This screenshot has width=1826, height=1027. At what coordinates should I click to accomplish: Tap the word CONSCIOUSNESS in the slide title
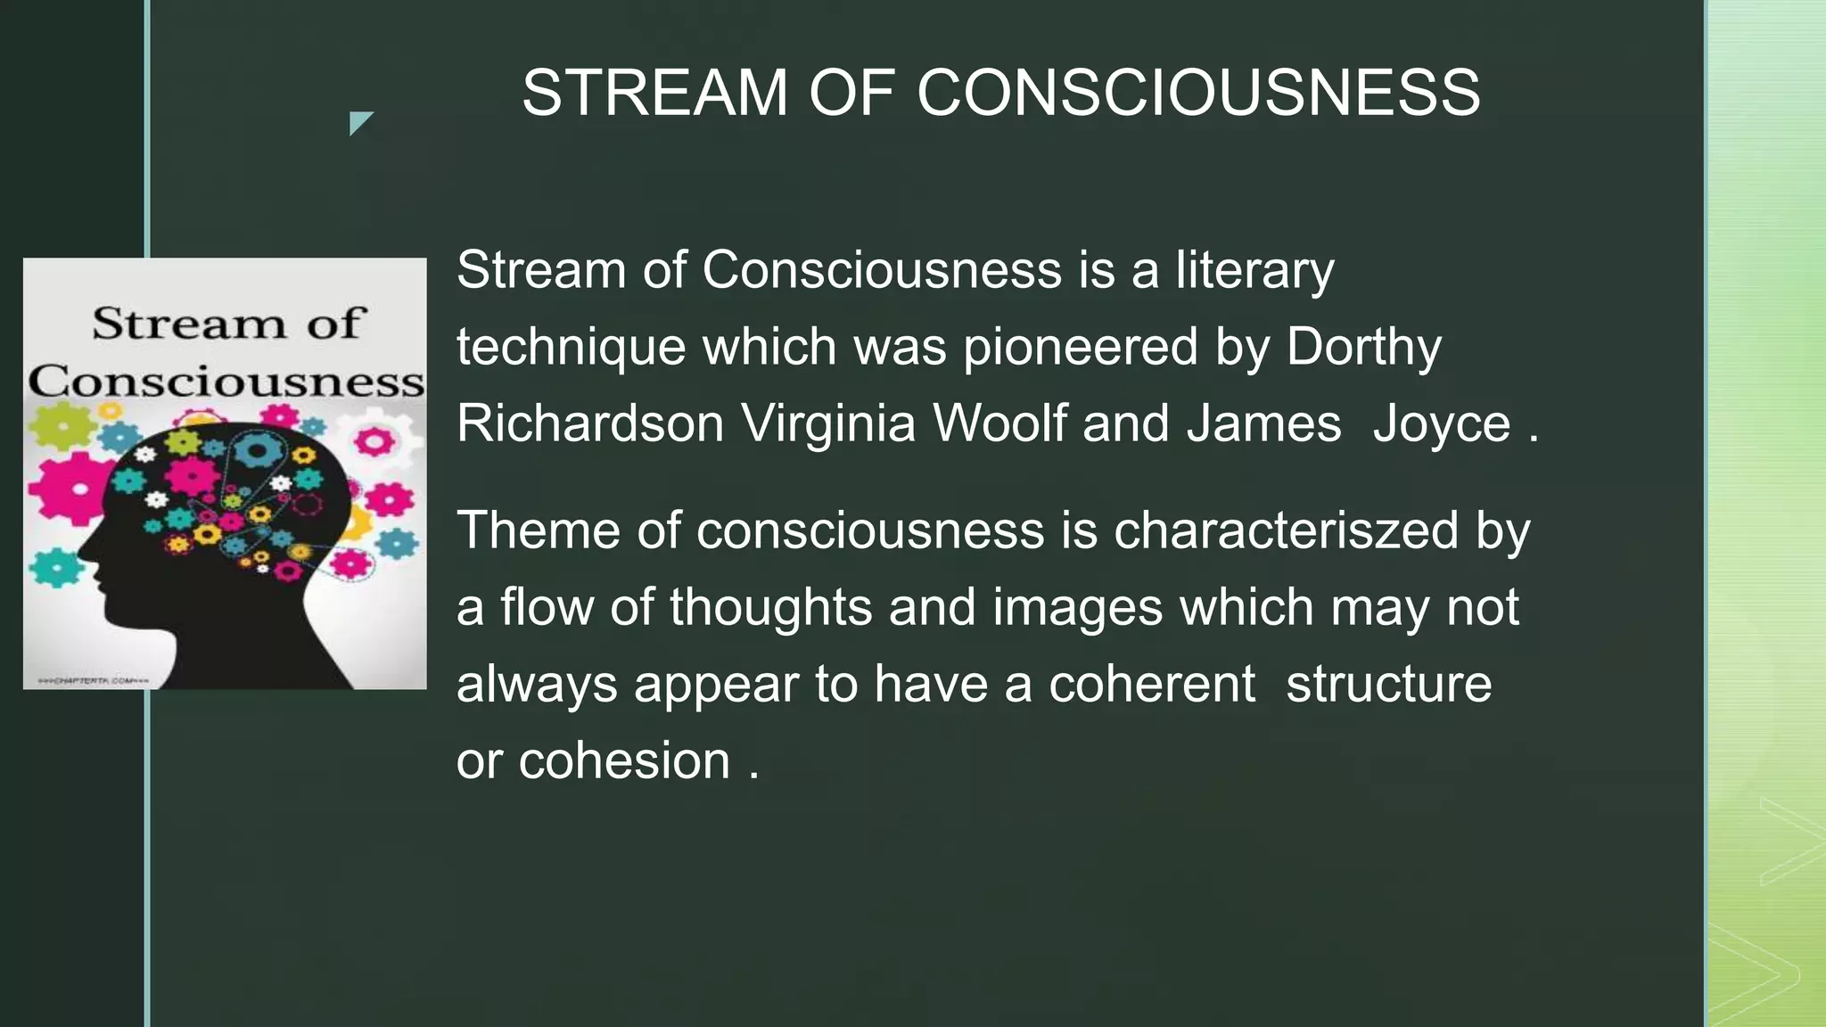tap(1198, 93)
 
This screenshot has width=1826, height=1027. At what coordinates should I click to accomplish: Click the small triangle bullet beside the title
tap(360, 123)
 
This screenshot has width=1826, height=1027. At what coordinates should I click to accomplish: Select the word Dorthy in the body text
tap(1363, 347)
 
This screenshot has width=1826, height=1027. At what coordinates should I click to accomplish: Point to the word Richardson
tap(589, 423)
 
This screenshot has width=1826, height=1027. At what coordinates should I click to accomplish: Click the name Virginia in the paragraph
tap(828, 423)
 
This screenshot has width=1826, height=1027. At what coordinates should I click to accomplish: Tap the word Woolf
tap(999, 423)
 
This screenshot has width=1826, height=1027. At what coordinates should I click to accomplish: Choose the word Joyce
tap(1441, 423)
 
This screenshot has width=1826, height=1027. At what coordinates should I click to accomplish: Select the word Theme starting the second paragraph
tap(538, 530)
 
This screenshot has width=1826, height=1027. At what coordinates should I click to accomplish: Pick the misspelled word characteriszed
tap(1286, 530)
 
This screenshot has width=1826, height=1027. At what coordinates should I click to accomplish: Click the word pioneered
tap(1080, 347)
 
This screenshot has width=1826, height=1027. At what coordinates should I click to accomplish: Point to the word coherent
tap(1151, 685)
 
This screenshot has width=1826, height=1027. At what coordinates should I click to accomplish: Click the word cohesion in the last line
tap(624, 761)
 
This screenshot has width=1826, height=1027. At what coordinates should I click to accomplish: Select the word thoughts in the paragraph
tap(770, 607)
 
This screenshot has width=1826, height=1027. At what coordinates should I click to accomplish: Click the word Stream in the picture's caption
tap(188, 323)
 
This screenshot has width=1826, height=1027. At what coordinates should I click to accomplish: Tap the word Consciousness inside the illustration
tap(226, 382)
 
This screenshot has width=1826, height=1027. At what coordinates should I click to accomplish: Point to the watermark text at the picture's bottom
tap(92, 681)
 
